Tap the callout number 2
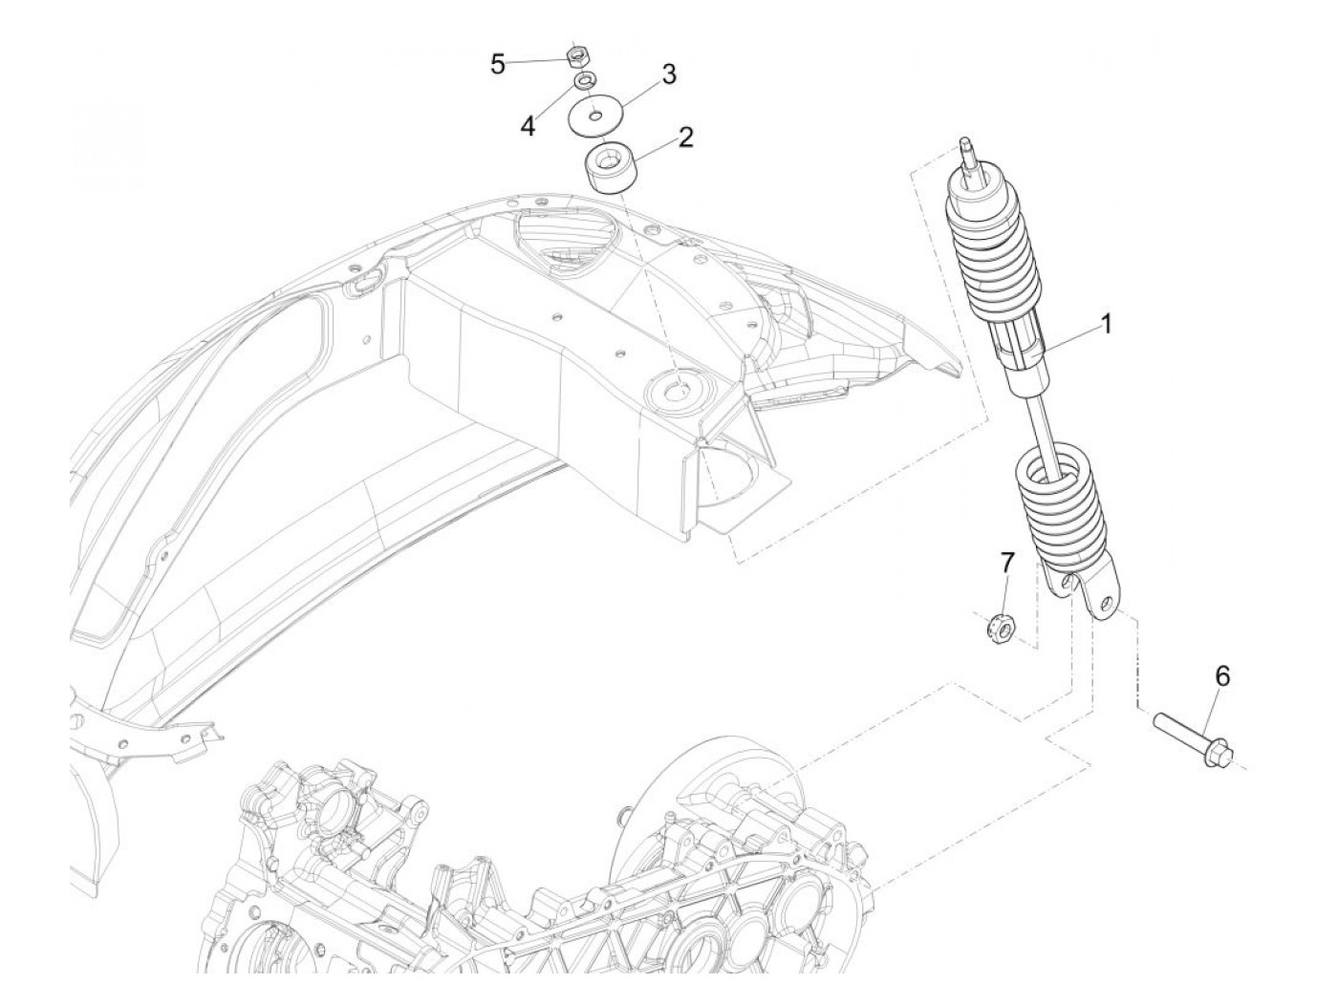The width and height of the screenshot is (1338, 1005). [684, 137]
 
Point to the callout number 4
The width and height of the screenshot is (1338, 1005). [529, 125]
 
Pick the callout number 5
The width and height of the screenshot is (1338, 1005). [498, 64]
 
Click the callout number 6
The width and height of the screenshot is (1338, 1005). [1221, 676]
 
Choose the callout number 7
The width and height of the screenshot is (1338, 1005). [1005, 563]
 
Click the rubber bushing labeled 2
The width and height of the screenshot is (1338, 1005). [608, 167]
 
